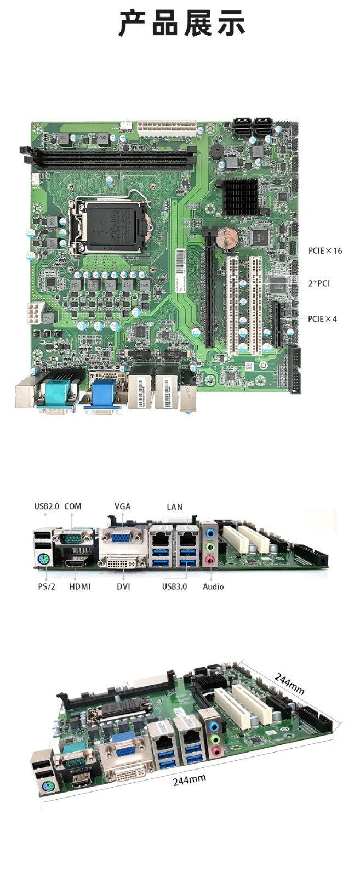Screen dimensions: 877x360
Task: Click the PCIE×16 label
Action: click(324, 250)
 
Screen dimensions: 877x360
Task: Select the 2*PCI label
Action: click(319, 283)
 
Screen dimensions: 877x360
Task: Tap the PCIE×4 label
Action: click(322, 319)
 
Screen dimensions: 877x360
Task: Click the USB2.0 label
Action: click(47, 506)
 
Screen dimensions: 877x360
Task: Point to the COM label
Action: click(73, 506)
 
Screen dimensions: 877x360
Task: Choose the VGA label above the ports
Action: click(122, 506)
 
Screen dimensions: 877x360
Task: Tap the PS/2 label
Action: click(47, 586)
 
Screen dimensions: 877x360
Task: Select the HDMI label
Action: click(80, 586)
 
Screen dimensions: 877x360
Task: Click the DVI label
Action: click(123, 586)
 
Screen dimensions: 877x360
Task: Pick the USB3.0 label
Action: click(174, 586)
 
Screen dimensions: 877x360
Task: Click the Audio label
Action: click(213, 586)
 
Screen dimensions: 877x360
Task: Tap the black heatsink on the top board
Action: click(240, 196)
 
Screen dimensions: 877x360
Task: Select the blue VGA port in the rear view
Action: click(122, 538)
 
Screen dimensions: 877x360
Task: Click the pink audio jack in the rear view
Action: click(210, 560)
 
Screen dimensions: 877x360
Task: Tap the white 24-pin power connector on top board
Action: click(167, 128)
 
